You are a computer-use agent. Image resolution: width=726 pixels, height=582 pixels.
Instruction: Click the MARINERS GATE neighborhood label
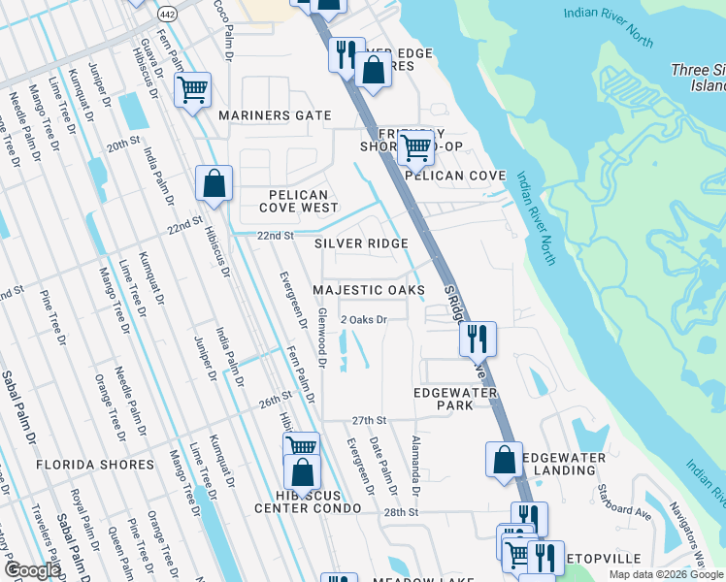[275, 115]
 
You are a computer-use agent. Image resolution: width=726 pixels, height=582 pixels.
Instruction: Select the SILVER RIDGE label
[361, 243]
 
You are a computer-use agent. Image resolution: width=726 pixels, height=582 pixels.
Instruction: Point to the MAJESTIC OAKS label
[369, 291]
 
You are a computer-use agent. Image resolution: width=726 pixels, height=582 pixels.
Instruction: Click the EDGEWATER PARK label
[455, 399]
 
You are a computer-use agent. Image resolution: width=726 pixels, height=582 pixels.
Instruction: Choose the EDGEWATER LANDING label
[564, 464]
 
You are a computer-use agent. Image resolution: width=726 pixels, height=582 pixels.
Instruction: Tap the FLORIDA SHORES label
[95, 465]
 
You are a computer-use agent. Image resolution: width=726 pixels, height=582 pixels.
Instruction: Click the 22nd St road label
[275, 236]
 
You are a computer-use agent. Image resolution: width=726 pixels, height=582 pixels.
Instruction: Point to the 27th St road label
[369, 420]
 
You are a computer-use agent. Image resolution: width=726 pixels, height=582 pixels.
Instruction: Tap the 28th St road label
[400, 511]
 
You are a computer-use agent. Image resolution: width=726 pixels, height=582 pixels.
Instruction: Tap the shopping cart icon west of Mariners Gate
[193, 90]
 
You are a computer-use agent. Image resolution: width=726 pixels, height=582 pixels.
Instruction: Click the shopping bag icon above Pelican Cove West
[214, 182]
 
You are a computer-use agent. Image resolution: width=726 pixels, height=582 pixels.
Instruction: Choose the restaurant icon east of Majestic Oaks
[478, 339]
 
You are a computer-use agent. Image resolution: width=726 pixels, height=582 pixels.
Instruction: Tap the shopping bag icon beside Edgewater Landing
[504, 460]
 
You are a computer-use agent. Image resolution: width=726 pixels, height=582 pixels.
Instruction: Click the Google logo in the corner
[32, 570]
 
